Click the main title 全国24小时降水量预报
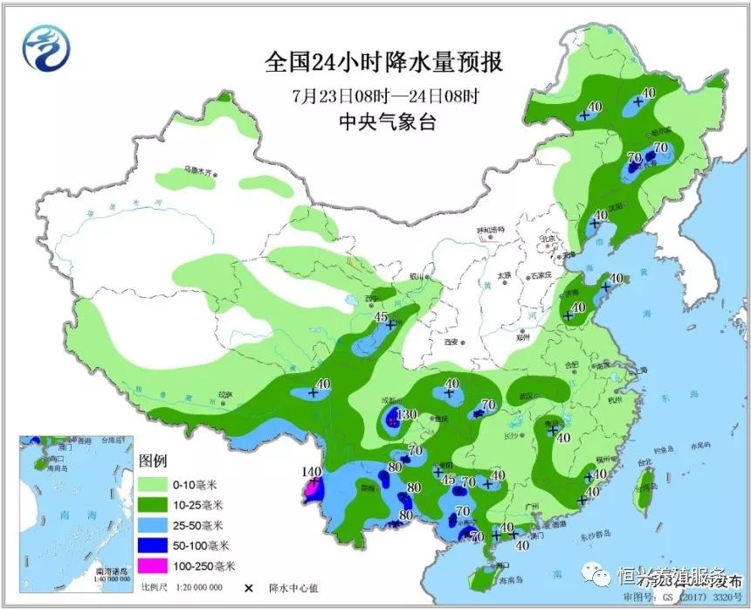click(384, 63)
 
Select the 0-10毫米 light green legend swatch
click(156, 483)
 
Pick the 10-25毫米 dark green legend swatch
click(156, 504)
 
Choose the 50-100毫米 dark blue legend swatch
click(156, 546)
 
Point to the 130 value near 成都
click(407, 414)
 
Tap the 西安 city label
click(451, 343)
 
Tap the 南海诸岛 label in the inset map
click(112, 571)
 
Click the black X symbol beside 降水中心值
click(249, 588)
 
